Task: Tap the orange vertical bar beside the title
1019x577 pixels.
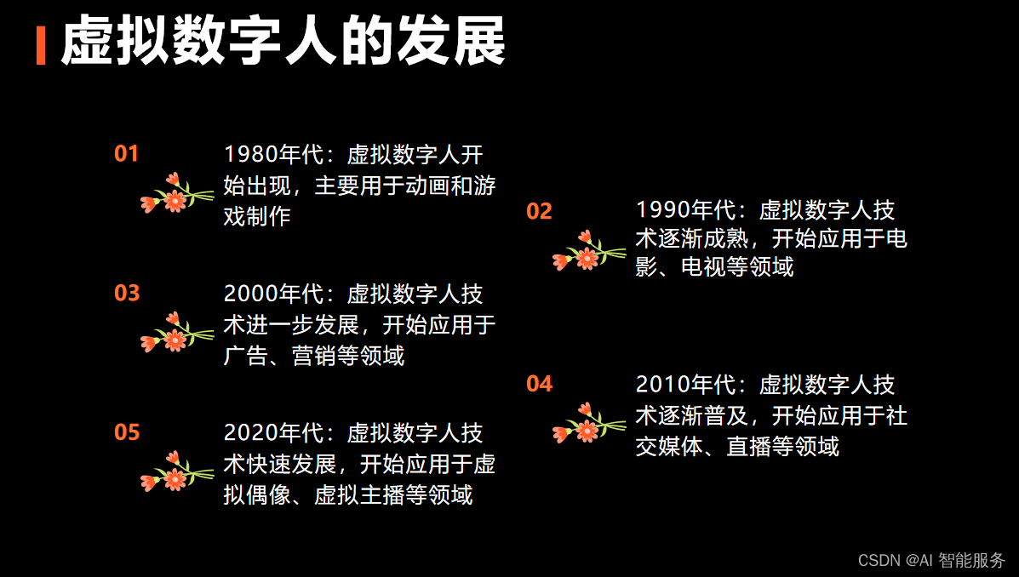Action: click(40, 45)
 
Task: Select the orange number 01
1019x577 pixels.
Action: click(126, 154)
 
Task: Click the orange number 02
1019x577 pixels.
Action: click(539, 211)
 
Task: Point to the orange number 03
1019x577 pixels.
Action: click(126, 294)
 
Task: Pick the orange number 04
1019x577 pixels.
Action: click(539, 385)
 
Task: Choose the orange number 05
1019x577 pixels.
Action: click(126, 433)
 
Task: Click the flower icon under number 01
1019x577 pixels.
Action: click(175, 195)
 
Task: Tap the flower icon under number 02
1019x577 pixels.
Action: click(587, 252)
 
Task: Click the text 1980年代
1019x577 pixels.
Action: click(275, 155)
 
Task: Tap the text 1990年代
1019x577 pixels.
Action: click(687, 210)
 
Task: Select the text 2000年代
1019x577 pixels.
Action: click(275, 294)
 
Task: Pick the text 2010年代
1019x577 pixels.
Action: click(687, 385)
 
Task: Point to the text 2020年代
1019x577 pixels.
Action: click(275, 433)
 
